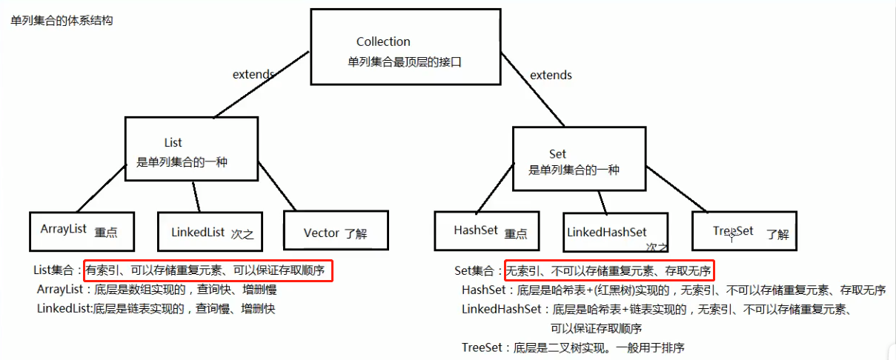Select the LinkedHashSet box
point(615,233)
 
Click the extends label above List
point(253,74)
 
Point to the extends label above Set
point(551,75)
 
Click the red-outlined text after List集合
point(208,270)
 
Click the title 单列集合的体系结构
point(62,21)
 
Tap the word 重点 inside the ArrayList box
point(106,232)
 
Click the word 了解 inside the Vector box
point(356,233)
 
